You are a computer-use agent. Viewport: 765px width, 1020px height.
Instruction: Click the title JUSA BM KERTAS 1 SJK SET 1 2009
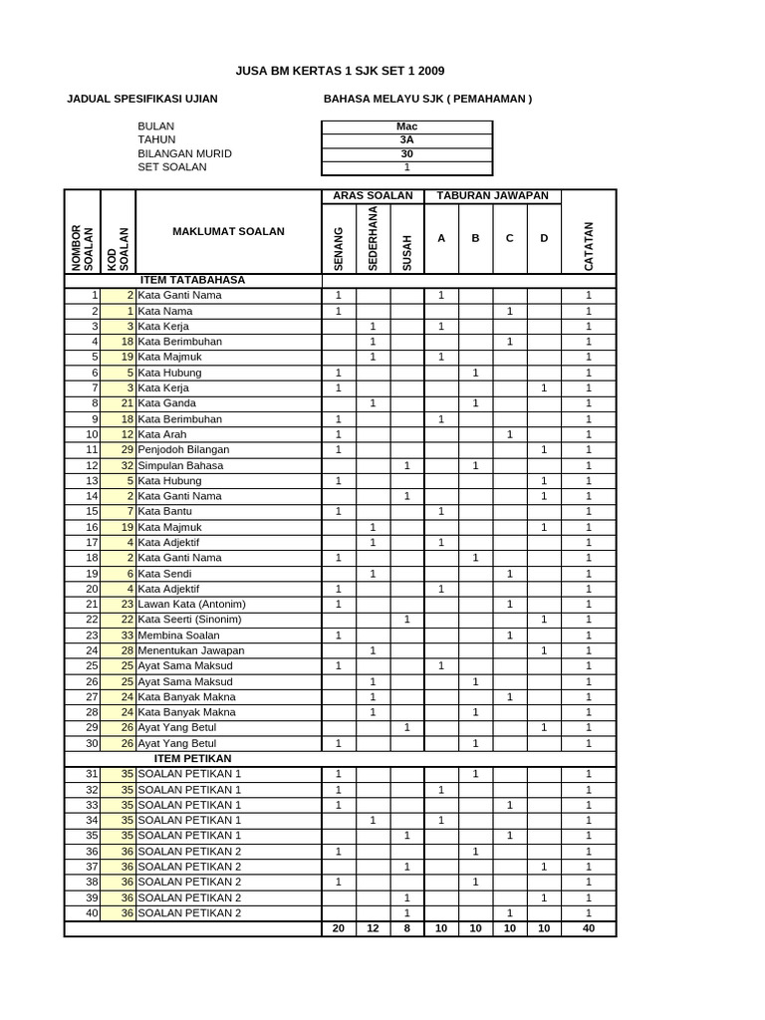pyautogui.click(x=340, y=71)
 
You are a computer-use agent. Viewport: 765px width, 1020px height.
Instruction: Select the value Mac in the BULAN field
pyautogui.click(x=406, y=127)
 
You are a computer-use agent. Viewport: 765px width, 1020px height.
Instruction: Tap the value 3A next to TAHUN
pyautogui.click(x=406, y=140)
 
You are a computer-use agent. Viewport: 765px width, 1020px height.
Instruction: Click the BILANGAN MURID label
pyautogui.click(x=184, y=153)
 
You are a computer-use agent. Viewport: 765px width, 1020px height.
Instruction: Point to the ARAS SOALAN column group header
pyautogui.click(x=373, y=195)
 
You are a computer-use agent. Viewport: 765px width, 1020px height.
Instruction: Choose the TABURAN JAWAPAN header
pyautogui.click(x=492, y=195)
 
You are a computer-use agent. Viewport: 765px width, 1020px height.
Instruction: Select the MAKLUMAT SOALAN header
pyautogui.click(x=228, y=231)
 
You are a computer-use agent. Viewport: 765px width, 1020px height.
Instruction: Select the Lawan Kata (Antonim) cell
pyautogui.click(x=191, y=604)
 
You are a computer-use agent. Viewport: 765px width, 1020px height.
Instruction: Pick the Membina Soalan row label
pyautogui.click(x=176, y=635)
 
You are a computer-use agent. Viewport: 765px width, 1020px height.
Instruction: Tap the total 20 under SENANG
pyautogui.click(x=339, y=929)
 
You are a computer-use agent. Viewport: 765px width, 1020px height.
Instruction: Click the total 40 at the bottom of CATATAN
pyautogui.click(x=588, y=929)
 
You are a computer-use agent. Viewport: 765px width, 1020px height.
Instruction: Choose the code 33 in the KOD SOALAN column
pyautogui.click(x=127, y=635)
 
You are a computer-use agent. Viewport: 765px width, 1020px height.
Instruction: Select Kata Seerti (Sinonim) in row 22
pyautogui.click(x=189, y=620)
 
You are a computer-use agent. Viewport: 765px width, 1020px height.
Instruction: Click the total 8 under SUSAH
pyautogui.click(x=406, y=929)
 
